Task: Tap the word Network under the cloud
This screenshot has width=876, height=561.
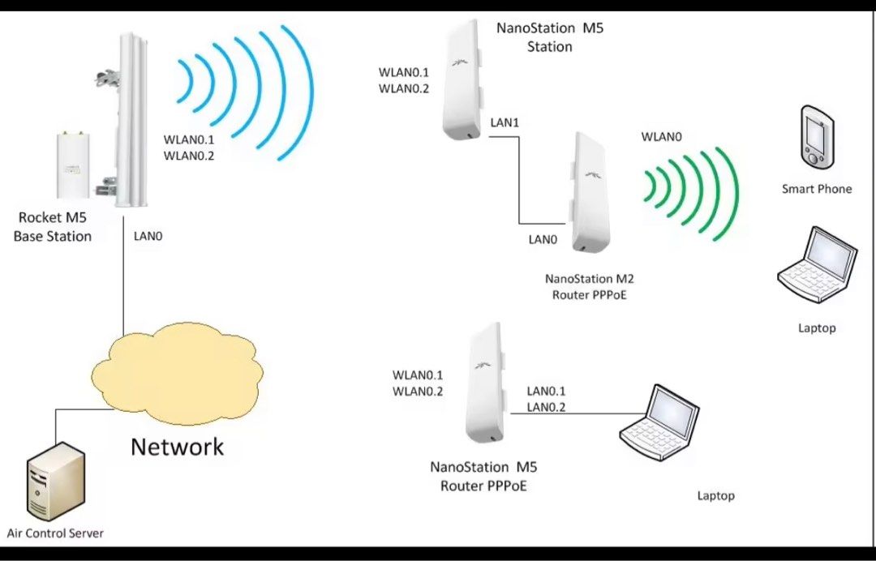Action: pyautogui.click(x=177, y=446)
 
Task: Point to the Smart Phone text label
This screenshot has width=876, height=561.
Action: pyautogui.click(x=817, y=189)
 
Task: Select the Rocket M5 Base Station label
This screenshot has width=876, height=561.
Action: pyautogui.click(x=53, y=227)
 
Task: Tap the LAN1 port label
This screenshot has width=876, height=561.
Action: pyautogui.click(x=505, y=122)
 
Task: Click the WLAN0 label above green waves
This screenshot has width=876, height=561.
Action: pyautogui.click(x=660, y=137)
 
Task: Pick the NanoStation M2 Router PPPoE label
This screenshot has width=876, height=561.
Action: pyautogui.click(x=590, y=287)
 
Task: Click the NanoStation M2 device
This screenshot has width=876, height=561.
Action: pyautogui.click(x=593, y=193)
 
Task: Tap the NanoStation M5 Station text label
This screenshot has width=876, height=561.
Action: pyautogui.click(x=550, y=38)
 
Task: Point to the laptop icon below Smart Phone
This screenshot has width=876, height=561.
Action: pyautogui.click(x=817, y=268)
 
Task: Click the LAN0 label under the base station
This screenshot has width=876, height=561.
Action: pyautogui.click(x=148, y=237)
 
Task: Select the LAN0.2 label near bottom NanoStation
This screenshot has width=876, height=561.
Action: pyautogui.click(x=546, y=407)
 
